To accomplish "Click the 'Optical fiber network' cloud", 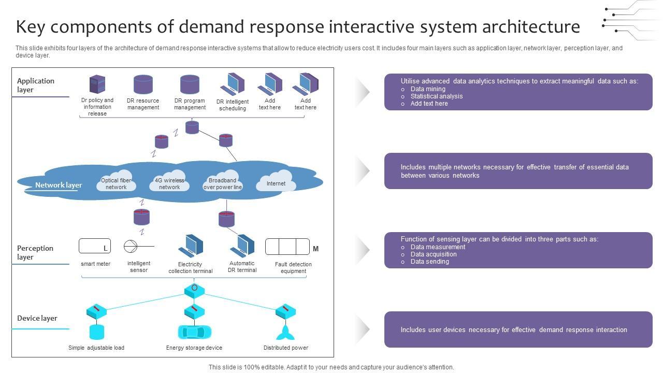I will pyautogui.click(x=116, y=182).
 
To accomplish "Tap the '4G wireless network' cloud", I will pyautogui.click(x=169, y=182).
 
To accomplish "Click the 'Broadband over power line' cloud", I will pyautogui.click(x=223, y=182).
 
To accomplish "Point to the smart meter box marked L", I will pyautogui.click(x=95, y=246).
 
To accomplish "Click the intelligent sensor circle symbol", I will pyautogui.click(x=130, y=247).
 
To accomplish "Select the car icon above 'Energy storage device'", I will pyautogui.click(x=194, y=332).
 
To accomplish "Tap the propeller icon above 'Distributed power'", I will pyautogui.click(x=285, y=332).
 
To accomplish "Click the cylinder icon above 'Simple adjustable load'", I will pyautogui.click(x=97, y=332).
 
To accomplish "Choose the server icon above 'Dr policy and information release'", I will pyautogui.click(x=97, y=84).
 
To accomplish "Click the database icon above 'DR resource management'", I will pyautogui.click(x=143, y=84).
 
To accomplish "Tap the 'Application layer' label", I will pyautogui.click(x=36, y=85).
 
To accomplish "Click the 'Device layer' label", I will pyautogui.click(x=37, y=318).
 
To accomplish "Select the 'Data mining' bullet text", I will pyautogui.click(x=428, y=89).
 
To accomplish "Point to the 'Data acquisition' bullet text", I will pyautogui.click(x=434, y=254).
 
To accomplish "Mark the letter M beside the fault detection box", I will pyautogui.click(x=315, y=249).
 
